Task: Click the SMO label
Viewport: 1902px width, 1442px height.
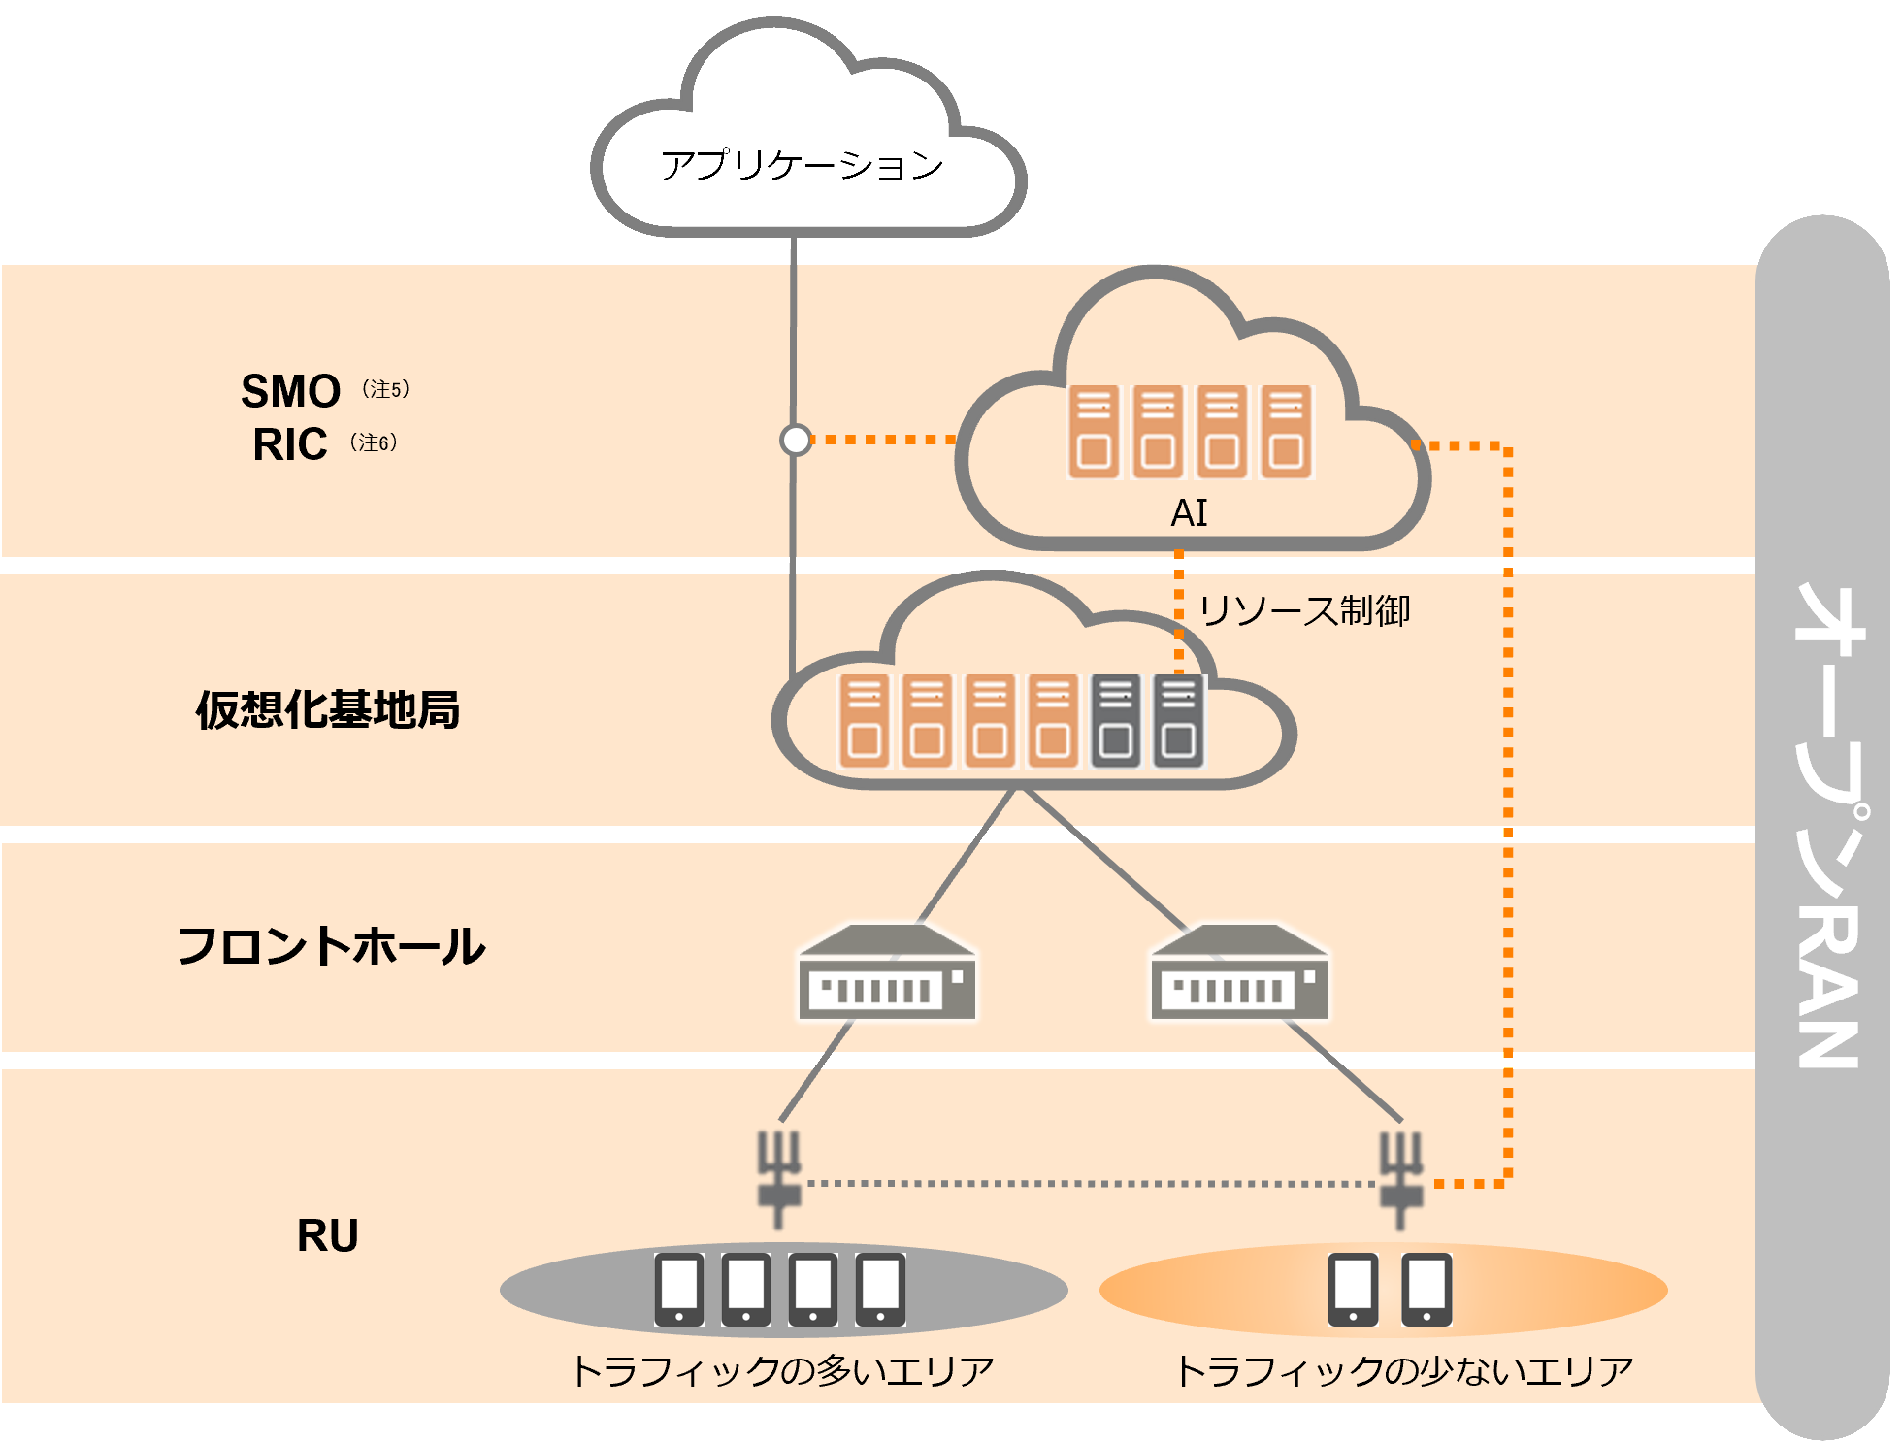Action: tap(290, 392)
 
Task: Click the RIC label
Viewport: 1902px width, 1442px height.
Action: tap(289, 445)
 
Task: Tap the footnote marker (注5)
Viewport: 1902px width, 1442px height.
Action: tap(385, 389)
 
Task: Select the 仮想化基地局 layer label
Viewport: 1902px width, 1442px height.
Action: tap(328, 709)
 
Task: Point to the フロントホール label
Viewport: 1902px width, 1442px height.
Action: tap(331, 946)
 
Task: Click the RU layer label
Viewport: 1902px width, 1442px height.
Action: tap(328, 1236)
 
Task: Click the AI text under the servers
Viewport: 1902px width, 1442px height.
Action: tap(1189, 513)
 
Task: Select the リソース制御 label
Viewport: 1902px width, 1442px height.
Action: tap(1304, 611)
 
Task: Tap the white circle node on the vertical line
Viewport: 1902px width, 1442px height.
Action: tap(796, 441)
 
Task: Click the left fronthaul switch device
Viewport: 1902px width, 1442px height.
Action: tap(887, 973)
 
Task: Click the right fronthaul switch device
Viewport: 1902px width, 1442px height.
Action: tap(1239, 973)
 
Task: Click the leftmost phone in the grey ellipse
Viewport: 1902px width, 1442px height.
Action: tap(679, 1289)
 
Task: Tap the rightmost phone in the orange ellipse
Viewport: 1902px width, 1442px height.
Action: tap(1426, 1289)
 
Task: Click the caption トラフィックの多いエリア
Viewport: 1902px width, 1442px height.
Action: tap(782, 1371)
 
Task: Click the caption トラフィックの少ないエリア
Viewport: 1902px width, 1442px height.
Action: tap(1404, 1371)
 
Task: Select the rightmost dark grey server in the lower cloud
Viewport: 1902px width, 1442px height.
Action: tap(1179, 721)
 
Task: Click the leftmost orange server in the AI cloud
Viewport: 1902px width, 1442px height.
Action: tap(1094, 432)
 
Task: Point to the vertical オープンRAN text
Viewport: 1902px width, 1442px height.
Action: tap(1827, 825)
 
